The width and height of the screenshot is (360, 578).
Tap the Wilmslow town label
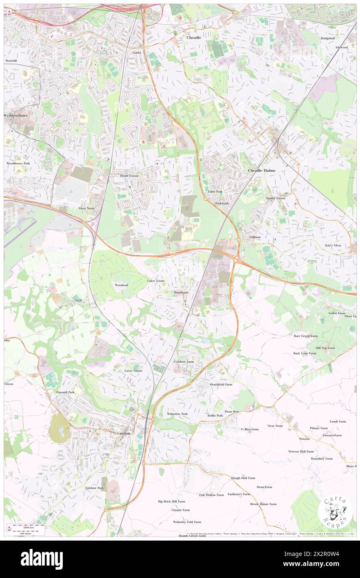tap(122, 433)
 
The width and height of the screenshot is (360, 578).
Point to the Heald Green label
tap(129, 176)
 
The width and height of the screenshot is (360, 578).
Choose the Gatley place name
tap(137, 53)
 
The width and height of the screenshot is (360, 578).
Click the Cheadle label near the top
tap(194, 37)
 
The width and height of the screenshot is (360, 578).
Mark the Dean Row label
tap(232, 412)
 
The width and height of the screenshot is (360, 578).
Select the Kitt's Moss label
tap(333, 245)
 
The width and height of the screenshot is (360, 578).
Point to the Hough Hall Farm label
tap(243, 478)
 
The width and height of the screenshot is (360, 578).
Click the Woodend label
tap(121, 285)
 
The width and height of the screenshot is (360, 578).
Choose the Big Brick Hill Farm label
tap(171, 501)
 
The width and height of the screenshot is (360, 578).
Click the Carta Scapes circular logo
tap(335, 512)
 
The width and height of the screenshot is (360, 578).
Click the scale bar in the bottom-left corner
tap(27, 529)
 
